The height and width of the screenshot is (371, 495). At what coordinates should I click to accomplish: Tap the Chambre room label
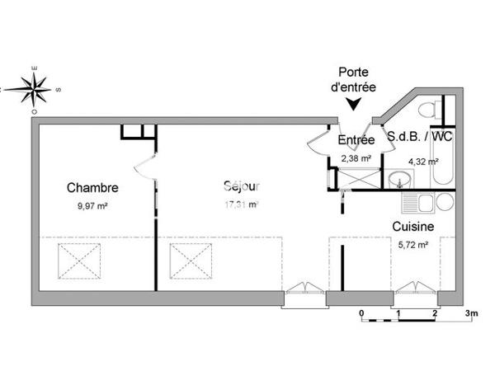click(87, 187)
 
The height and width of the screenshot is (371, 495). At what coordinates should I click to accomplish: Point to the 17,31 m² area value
click(242, 204)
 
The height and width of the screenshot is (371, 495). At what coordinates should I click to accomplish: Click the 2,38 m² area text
click(356, 158)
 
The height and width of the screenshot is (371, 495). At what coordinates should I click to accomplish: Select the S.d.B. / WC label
click(420, 138)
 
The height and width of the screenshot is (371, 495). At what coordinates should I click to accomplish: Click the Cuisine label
click(413, 225)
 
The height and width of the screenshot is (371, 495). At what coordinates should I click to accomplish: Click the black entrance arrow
click(355, 104)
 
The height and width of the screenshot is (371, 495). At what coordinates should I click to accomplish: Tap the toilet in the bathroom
click(428, 110)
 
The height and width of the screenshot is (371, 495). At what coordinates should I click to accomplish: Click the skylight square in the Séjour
click(188, 263)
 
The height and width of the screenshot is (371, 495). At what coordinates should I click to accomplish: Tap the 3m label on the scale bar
click(471, 314)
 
